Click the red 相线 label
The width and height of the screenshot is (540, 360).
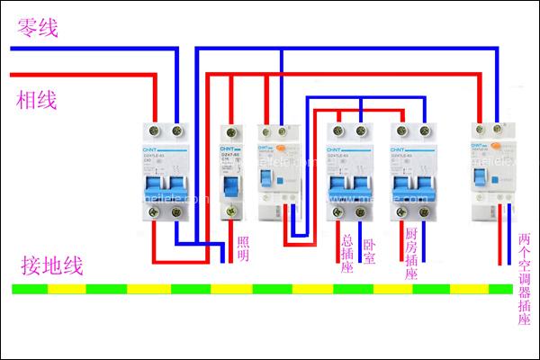coord(37,100)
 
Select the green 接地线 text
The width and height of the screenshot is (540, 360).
coord(53,265)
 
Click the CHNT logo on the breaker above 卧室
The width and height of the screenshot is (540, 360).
coord(337,149)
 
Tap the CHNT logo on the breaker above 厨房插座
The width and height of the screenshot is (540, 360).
coord(400,149)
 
